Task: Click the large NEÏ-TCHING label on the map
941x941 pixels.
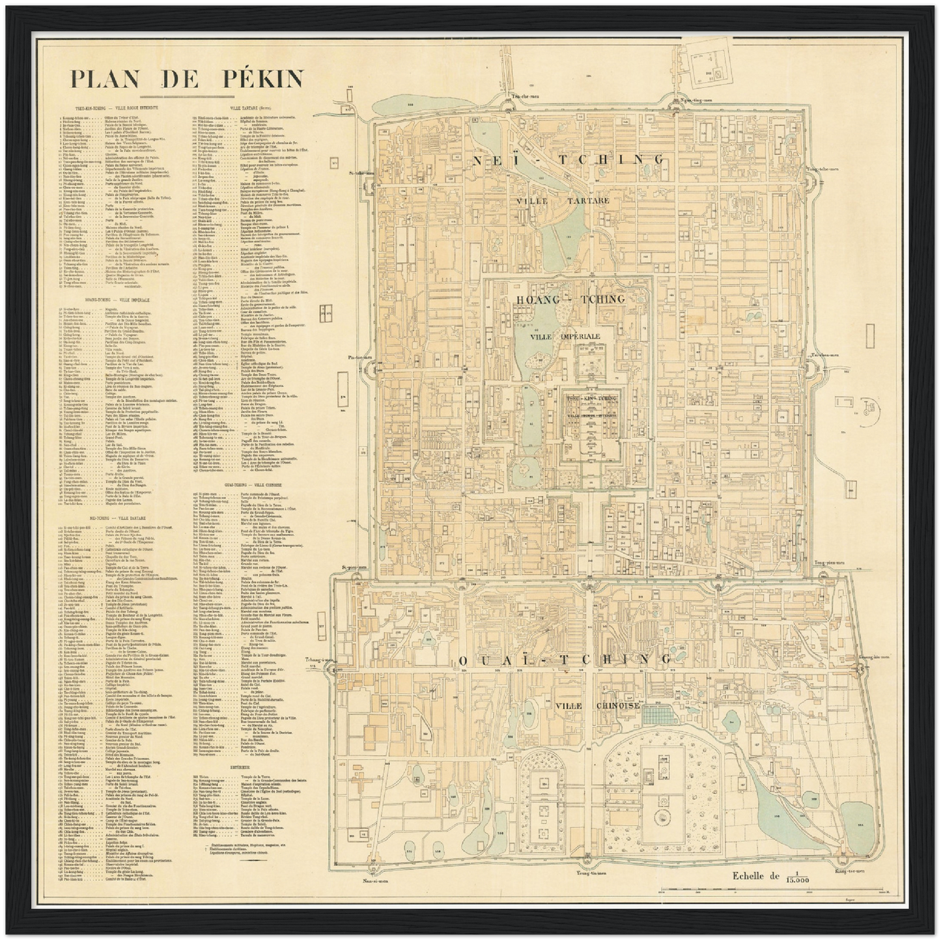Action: [x=569, y=160]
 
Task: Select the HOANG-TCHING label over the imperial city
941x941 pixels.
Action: [x=570, y=299]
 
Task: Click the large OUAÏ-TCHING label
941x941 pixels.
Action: [x=565, y=660]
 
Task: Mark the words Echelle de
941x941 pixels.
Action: [x=755, y=876]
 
